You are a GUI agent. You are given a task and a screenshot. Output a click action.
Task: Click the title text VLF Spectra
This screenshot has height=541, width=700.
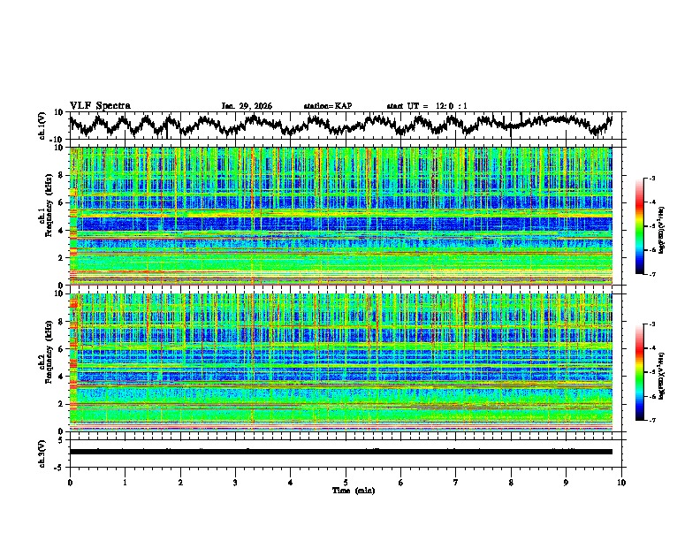[x=100, y=105]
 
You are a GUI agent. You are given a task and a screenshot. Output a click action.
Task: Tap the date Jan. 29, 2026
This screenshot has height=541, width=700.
[x=247, y=106]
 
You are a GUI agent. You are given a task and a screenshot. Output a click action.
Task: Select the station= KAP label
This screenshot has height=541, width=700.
[x=327, y=106]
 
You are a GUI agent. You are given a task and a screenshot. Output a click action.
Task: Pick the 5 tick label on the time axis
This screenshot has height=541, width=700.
[x=346, y=482]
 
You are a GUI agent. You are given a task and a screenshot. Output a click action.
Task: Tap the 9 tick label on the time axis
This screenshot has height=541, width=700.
[x=567, y=482]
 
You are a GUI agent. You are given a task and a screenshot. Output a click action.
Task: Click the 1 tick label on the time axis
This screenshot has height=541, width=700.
[x=126, y=482]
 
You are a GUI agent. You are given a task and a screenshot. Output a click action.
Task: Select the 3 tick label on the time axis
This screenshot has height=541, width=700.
[x=235, y=482]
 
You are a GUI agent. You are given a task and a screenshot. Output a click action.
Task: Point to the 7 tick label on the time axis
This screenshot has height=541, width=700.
[x=456, y=482]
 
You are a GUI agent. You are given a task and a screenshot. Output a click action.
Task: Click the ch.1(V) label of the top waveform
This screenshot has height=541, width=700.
[x=42, y=125]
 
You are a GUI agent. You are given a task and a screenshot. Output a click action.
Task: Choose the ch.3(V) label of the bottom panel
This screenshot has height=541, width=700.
[x=42, y=452]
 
